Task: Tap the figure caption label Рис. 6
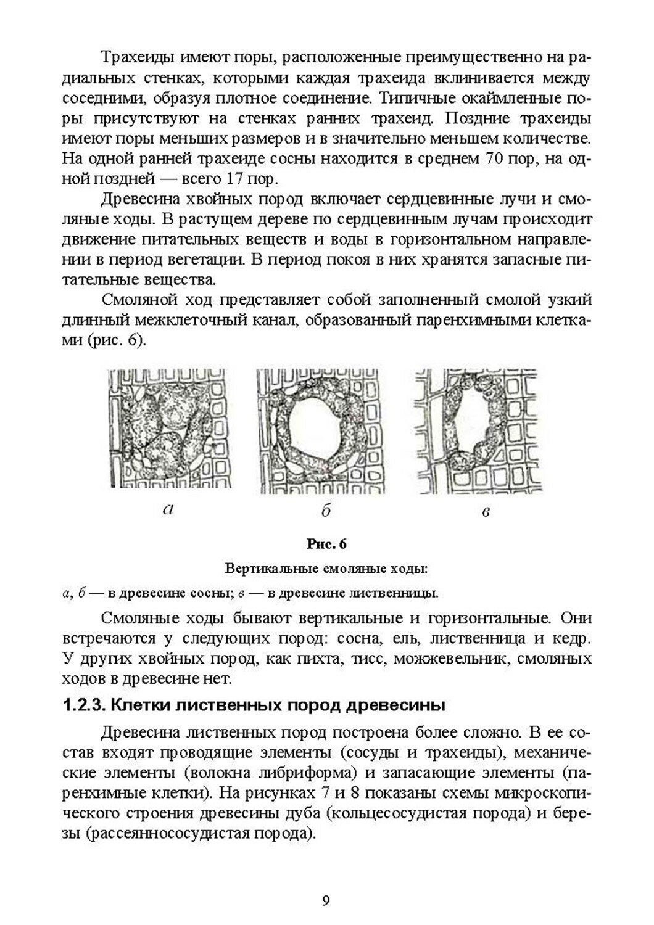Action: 326,544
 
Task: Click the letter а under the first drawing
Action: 167,509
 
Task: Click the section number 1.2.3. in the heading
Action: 86,705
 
